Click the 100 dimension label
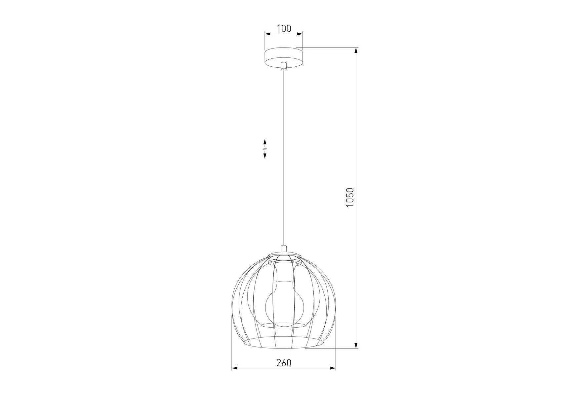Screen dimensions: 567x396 point(284,29)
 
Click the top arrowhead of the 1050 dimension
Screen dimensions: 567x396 point(356,50)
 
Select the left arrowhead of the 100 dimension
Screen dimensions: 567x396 point(268,33)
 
